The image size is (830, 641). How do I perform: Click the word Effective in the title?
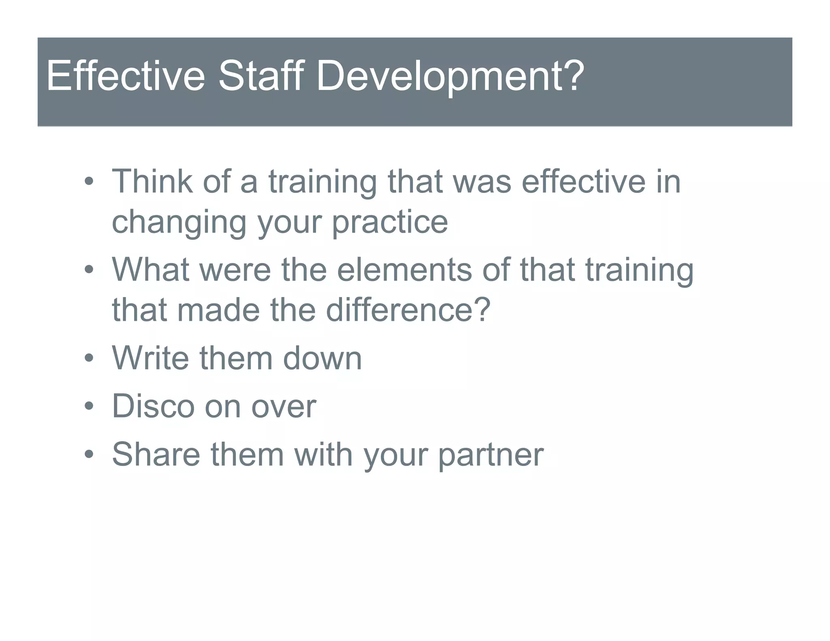click(x=126, y=76)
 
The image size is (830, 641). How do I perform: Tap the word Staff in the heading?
click(x=261, y=76)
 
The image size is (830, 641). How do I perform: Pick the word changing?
click(x=179, y=223)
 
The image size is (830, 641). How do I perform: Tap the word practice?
click(x=389, y=223)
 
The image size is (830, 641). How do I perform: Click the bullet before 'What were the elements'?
click(x=89, y=270)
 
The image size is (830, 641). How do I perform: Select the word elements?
click(x=404, y=270)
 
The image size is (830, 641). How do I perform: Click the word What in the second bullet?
click(x=150, y=270)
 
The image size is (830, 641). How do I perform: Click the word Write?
click(x=150, y=358)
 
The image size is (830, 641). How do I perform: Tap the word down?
click(x=322, y=358)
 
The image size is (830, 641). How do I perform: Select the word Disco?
click(x=153, y=406)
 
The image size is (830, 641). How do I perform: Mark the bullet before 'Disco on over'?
click(x=89, y=406)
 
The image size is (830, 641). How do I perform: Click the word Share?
click(x=156, y=454)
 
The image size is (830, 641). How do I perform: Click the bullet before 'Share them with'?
click(x=89, y=454)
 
